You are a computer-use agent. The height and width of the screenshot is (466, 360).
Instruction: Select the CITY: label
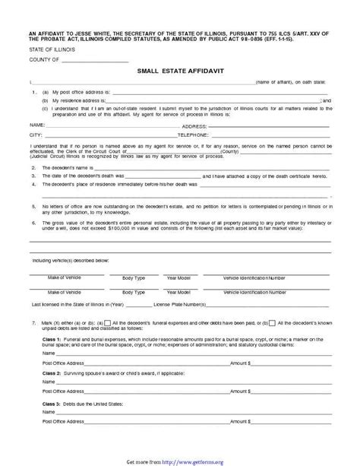pyautogui.click(x=35, y=133)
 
